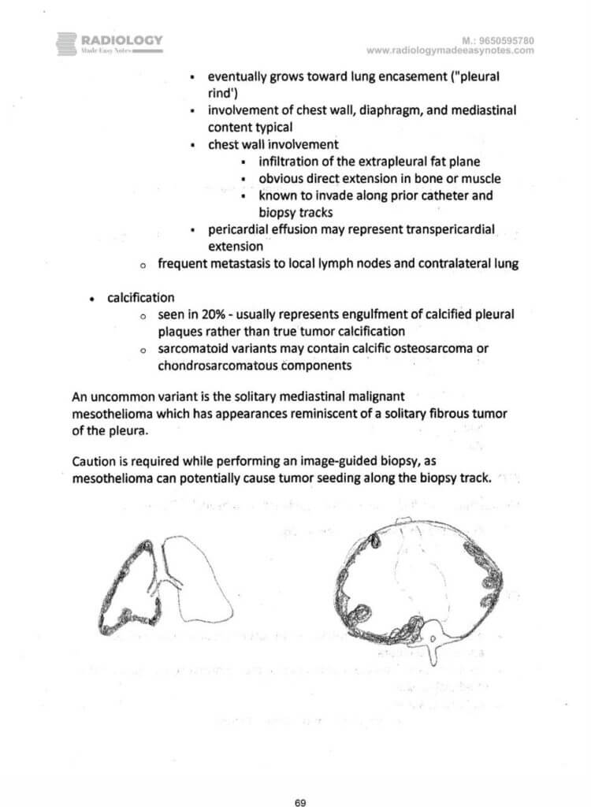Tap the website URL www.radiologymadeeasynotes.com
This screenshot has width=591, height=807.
click(x=450, y=50)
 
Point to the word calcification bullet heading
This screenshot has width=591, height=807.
click(x=141, y=297)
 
